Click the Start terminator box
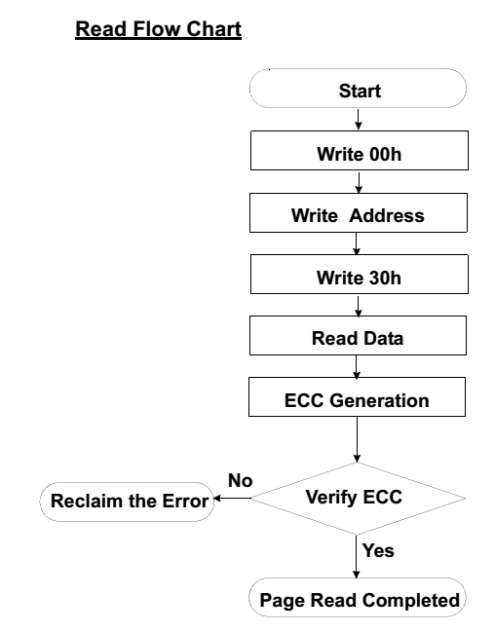tap(358, 89)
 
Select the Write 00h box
tap(360, 150)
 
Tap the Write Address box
tap(359, 212)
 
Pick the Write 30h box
tap(360, 274)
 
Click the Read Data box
tap(358, 335)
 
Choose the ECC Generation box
tap(357, 396)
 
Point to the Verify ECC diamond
tap(358, 499)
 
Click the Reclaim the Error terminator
tap(127, 502)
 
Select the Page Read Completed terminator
tap(358, 598)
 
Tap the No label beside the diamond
tap(241, 480)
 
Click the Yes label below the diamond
tap(378, 550)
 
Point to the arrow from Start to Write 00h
tap(358, 119)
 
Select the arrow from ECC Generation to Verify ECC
tap(357, 439)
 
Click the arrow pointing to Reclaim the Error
tap(232, 499)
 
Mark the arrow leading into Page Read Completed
tap(357, 557)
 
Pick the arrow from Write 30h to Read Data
tap(358, 305)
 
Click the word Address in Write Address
tap(387, 215)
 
